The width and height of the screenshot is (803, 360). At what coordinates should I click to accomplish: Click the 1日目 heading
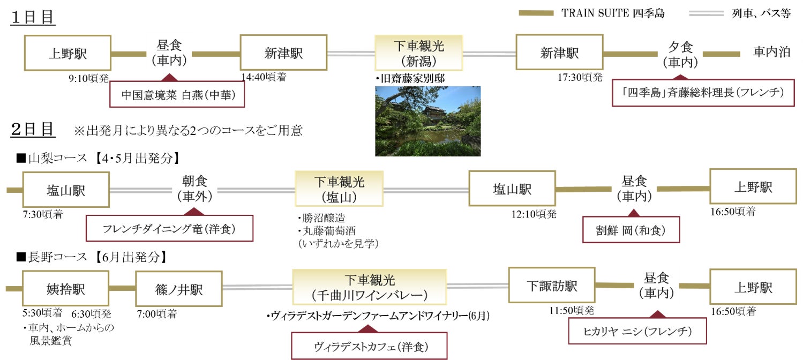(x=33, y=17)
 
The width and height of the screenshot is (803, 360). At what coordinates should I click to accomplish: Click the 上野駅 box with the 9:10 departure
(x=67, y=54)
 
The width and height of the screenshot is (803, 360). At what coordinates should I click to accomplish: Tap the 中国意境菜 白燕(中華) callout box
(x=177, y=95)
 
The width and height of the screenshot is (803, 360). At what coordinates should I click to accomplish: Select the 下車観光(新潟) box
(x=418, y=53)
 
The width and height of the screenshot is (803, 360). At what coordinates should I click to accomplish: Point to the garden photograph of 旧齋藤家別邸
(x=427, y=121)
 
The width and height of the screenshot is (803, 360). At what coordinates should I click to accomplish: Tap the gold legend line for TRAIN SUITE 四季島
(x=536, y=13)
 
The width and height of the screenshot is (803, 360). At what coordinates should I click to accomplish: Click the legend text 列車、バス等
(x=761, y=13)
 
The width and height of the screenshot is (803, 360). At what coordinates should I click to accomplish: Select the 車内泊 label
(x=771, y=52)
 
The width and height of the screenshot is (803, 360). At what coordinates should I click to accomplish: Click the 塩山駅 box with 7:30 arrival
(x=66, y=190)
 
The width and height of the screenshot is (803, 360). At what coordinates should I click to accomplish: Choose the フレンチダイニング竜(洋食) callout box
(x=169, y=229)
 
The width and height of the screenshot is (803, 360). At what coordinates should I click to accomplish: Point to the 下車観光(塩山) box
(x=339, y=189)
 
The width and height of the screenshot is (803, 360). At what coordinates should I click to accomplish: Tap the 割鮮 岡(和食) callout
(x=631, y=230)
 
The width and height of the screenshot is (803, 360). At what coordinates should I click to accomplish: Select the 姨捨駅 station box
(x=65, y=288)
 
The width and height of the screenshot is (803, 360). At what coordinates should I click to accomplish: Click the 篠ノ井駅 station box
(x=179, y=289)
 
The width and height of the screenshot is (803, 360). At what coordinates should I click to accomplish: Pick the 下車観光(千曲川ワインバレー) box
(x=369, y=287)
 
